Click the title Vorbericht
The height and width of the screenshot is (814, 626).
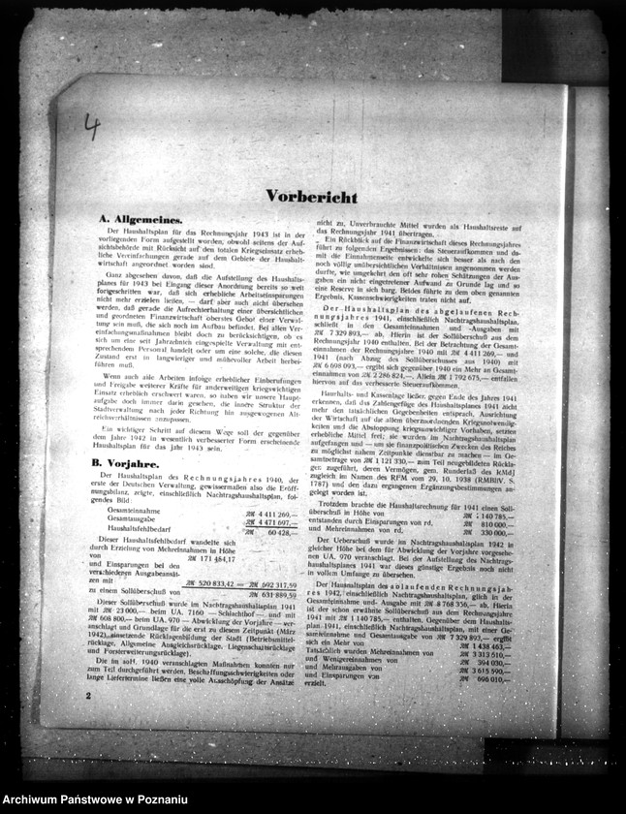[311, 197]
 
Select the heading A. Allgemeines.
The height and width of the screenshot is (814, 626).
[141, 220]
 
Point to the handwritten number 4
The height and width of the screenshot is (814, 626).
[92, 126]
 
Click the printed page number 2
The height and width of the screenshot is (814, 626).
[88, 696]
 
